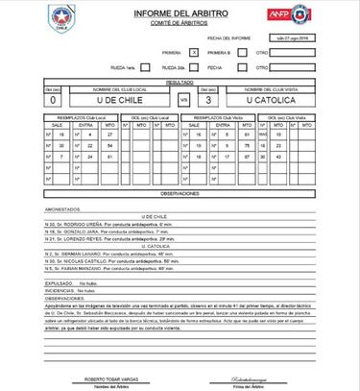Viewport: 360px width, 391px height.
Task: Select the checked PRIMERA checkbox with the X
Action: [196, 51]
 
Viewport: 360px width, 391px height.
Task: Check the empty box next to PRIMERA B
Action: [253, 51]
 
